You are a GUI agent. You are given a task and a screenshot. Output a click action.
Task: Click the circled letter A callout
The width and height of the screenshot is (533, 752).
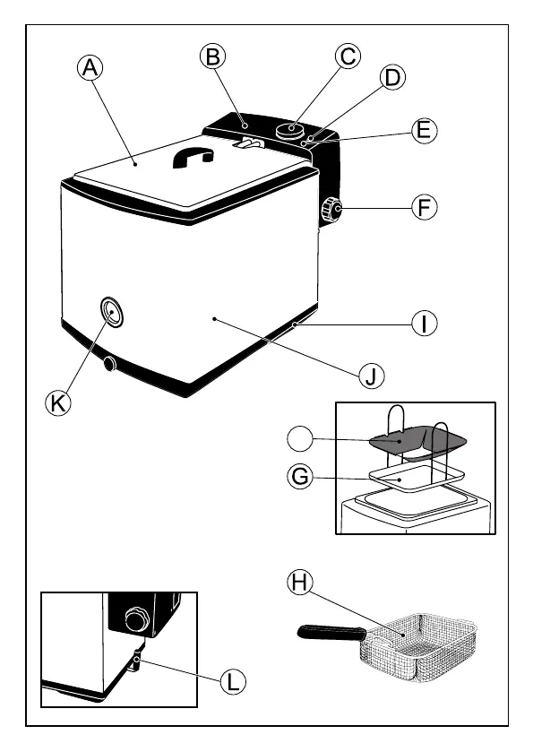(90, 67)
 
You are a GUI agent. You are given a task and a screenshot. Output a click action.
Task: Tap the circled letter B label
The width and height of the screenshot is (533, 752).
(213, 56)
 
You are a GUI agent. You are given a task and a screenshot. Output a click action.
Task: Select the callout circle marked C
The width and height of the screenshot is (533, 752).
(348, 56)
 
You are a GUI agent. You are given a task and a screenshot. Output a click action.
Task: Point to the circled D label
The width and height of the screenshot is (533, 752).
(392, 77)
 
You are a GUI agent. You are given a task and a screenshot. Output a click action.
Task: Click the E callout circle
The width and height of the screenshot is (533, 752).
(425, 129)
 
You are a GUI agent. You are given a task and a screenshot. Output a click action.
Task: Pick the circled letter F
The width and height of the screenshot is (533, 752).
(425, 208)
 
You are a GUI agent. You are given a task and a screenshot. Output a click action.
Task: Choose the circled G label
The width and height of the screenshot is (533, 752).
(300, 477)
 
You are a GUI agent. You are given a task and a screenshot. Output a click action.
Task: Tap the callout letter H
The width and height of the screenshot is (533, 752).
(299, 583)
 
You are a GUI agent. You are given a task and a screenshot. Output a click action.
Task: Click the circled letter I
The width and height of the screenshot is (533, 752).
(425, 323)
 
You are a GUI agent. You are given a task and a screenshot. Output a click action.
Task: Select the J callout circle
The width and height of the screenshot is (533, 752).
(372, 376)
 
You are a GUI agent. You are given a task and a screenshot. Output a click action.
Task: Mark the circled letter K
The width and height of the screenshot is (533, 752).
(58, 402)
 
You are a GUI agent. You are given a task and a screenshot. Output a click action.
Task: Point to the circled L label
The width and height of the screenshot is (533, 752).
(233, 681)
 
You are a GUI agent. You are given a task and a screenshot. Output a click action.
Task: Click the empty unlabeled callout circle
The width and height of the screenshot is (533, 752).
(300, 439)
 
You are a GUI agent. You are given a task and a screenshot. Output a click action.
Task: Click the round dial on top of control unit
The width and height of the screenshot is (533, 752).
(291, 130)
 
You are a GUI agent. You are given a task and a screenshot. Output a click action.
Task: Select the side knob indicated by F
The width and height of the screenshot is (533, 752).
(331, 208)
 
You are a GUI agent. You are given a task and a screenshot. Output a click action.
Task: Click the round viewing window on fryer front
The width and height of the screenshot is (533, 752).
(112, 312)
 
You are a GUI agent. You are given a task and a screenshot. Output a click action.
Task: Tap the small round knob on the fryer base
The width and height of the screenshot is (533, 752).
(110, 364)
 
